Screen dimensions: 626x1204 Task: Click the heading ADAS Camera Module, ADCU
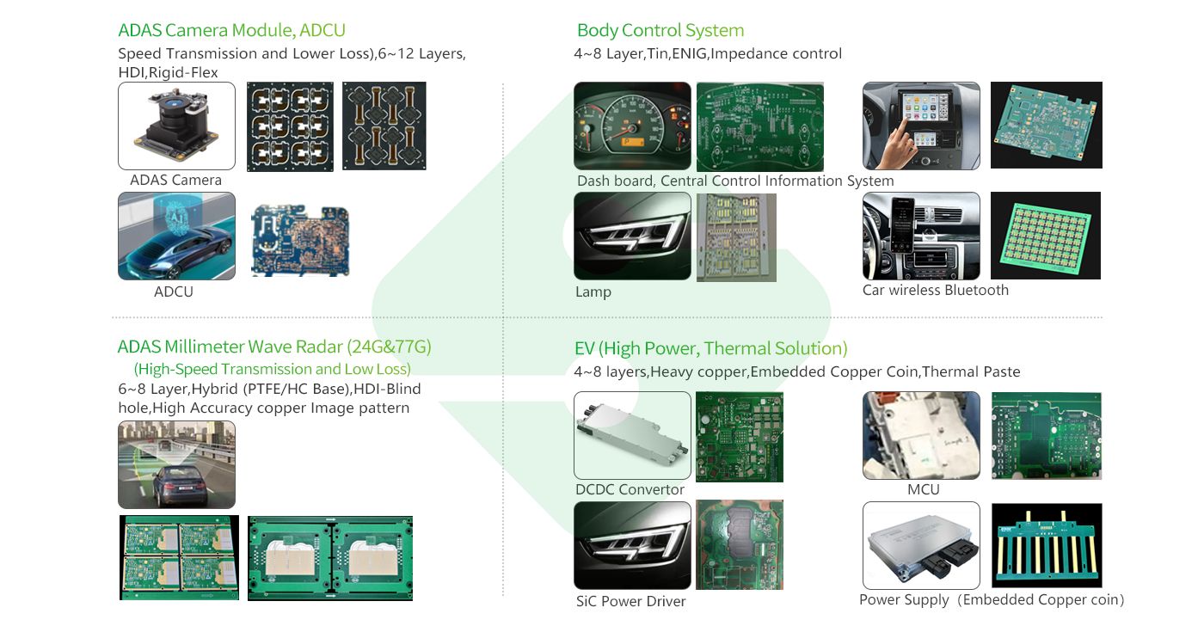point(231,31)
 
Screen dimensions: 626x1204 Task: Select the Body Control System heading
point(660,31)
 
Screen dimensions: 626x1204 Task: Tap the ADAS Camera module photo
point(176,126)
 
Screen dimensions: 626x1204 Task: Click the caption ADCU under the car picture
point(173,292)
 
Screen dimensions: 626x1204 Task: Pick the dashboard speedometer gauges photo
point(632,126)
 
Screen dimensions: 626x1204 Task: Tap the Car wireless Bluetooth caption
point(936,291)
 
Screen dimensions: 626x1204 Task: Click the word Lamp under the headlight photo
point(593,292)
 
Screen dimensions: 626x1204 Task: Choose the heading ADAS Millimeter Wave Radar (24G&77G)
point(274,347)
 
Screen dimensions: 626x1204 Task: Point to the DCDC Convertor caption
point(630,489)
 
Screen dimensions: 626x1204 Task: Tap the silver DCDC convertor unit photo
point(632,435)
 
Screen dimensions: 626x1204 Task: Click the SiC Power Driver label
point(630,601)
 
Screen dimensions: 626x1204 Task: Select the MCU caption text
point(924,489)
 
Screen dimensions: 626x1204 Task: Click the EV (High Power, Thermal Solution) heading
point(710,348)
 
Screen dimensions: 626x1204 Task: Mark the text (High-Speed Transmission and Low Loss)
point(273,369)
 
